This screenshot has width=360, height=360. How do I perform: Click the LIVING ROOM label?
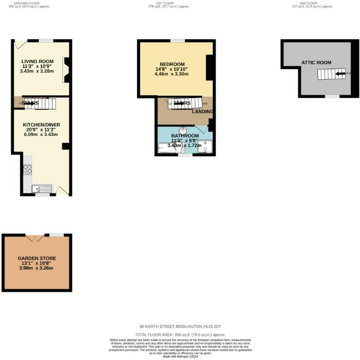point(37,61)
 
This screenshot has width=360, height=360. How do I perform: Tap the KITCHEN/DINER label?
point(42,125)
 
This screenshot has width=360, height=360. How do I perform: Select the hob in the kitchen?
point(27,169)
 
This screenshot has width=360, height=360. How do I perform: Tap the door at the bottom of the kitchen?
point(63,190)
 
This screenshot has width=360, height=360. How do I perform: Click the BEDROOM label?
point(172,64)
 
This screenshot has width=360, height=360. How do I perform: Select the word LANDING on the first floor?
point(202,112)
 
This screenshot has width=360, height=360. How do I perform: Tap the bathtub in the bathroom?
point(169,149)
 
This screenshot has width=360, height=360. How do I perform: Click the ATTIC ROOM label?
point(316,63)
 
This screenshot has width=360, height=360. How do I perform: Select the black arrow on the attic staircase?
point(340,73)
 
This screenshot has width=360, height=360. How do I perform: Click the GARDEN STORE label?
point(37,258)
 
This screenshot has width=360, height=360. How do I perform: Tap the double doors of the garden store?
point(35,237)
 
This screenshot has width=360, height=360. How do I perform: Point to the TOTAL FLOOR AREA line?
point(180,334)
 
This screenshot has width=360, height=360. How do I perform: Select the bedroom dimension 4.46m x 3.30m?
point(172,74)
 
